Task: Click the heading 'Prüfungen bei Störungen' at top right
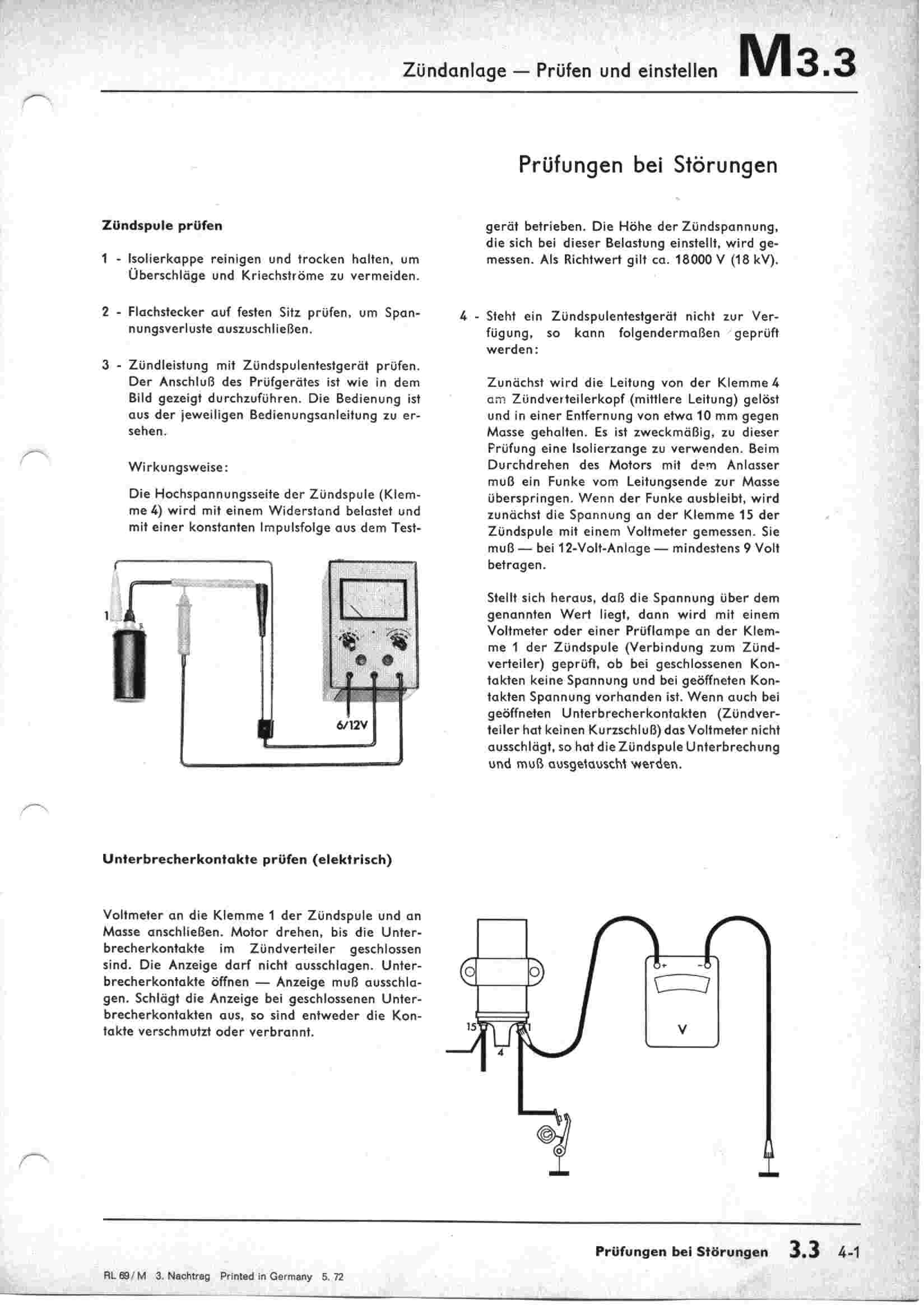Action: click(648, 165)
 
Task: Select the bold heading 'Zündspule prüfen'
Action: click(162, 225)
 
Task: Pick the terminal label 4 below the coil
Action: click(500, 1053)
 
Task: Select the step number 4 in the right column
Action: click(463, 316)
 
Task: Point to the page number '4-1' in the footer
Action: click(849, 1250)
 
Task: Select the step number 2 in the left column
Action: click(105, 313)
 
